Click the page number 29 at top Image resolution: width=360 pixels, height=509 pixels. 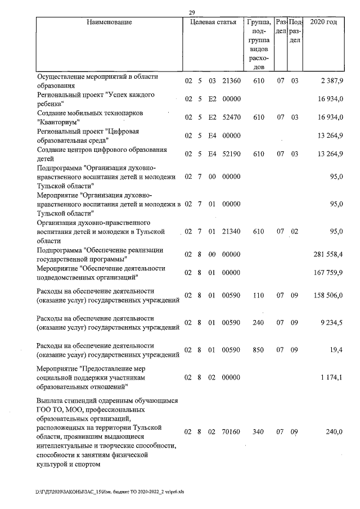(192, 12)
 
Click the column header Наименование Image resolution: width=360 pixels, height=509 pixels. (110, 22)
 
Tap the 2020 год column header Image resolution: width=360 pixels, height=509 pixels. (323, 22)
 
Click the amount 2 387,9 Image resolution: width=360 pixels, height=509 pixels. (332, 81)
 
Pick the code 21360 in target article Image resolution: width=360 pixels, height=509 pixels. (231, 81)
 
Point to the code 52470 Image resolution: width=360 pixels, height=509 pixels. (231, 118)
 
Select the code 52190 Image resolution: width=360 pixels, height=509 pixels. (231, 154)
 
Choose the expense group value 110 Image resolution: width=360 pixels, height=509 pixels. (259, 296)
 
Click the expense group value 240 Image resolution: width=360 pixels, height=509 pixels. (259, 323)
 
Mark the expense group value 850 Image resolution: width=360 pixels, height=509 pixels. (259, 350)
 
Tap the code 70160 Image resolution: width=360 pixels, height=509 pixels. (231, 432)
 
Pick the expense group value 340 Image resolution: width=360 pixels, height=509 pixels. (259, 432)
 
